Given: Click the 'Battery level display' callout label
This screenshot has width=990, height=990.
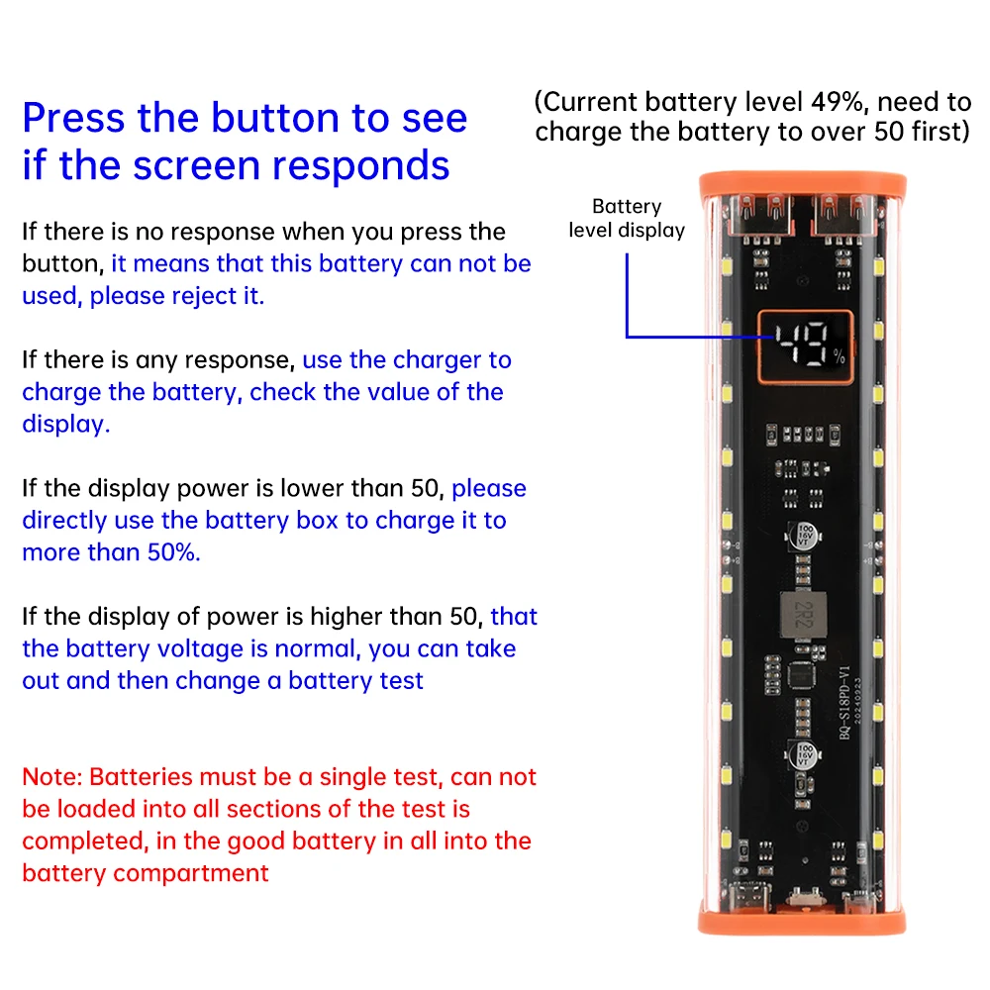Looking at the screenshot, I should pos(627,218).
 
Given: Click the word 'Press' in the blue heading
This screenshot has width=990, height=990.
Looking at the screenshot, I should pos(73,119).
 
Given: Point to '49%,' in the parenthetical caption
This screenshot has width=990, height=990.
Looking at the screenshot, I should pos(841,102).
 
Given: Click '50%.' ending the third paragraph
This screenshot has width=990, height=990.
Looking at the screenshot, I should pos(174,552).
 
